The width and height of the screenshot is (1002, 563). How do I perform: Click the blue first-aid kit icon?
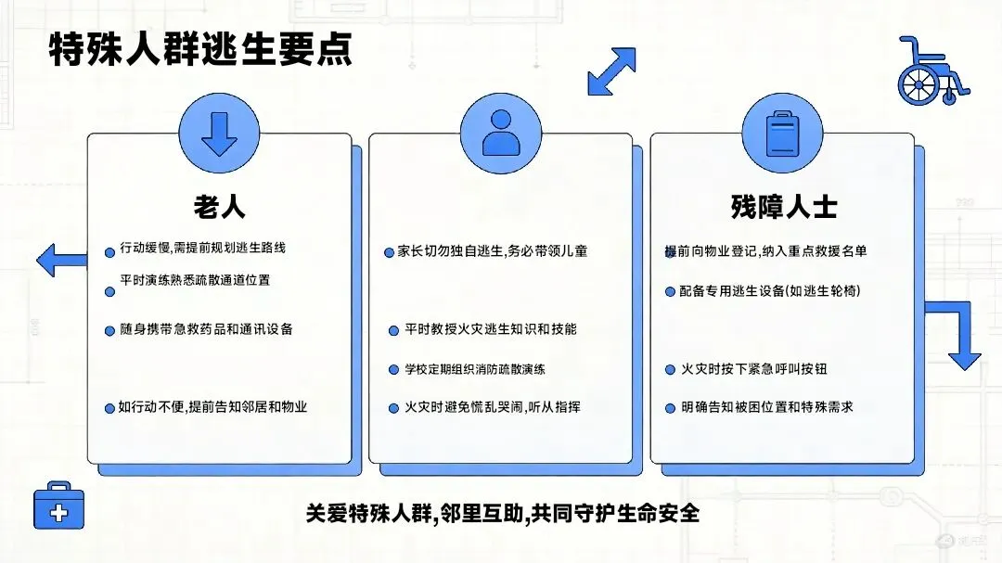click(58, 505)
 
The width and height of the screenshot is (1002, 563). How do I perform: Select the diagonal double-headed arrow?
click(612, 71)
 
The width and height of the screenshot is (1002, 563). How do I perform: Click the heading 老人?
click(219, 206)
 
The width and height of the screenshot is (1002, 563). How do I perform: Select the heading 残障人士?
click(783, 207)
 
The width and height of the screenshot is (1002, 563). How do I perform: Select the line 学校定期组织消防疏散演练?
click(475, 369)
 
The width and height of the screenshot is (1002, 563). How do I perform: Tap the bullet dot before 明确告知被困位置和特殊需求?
click(671, 408)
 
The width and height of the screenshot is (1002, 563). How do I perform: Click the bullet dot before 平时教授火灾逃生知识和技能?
click(394, 330)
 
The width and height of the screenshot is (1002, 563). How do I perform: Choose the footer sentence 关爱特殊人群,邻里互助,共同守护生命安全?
click(502, 513)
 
